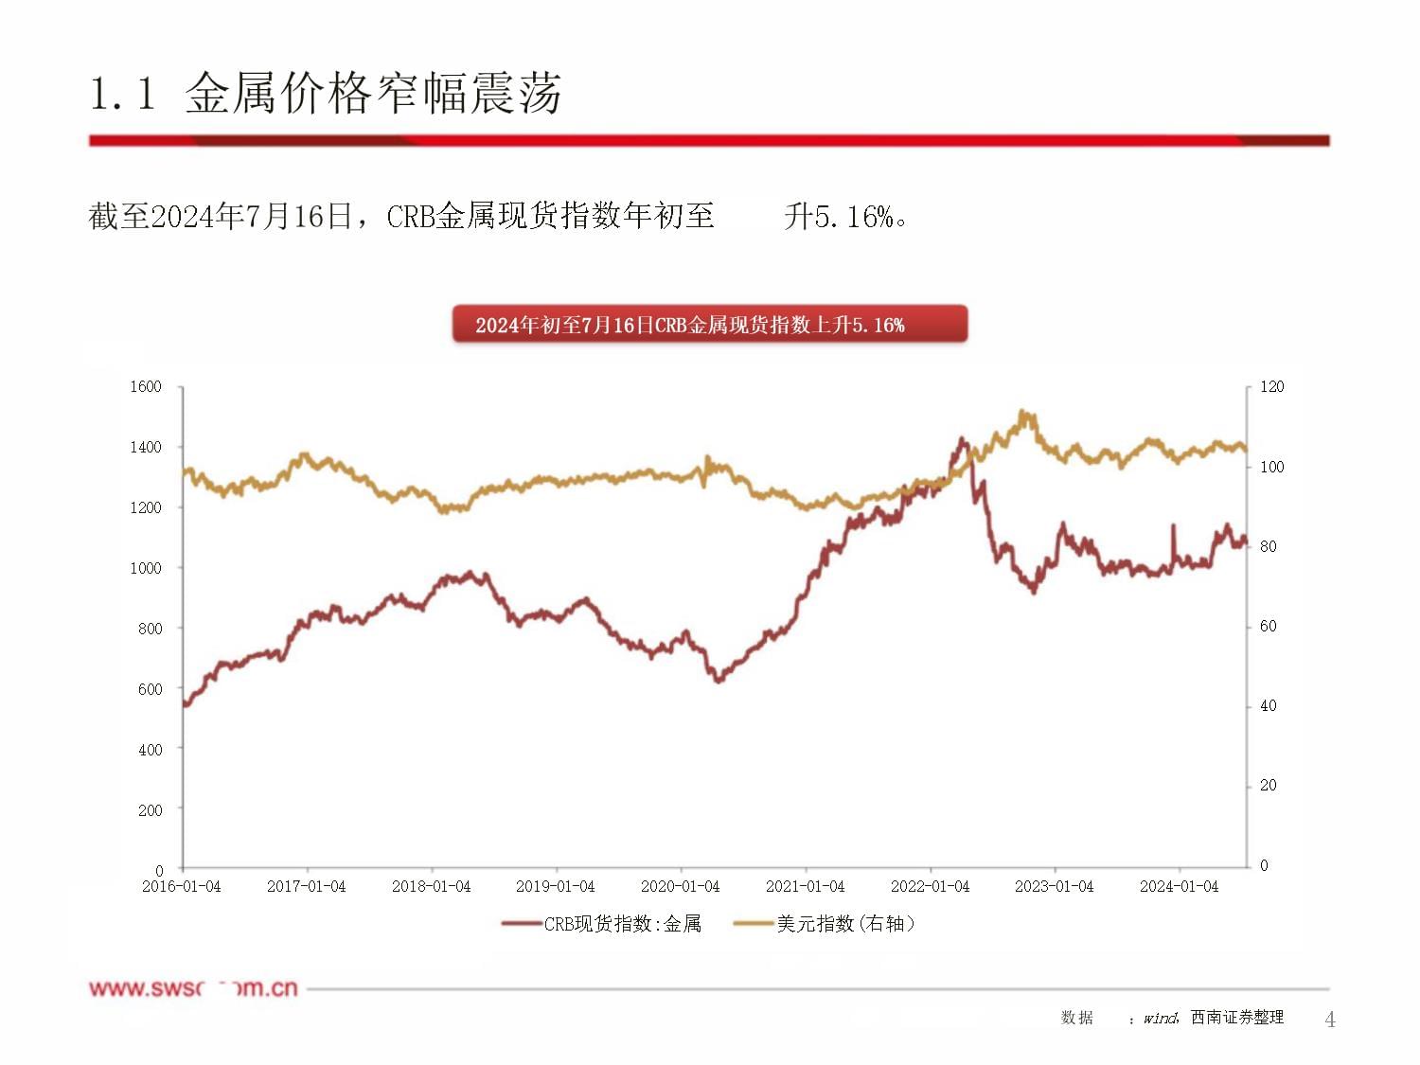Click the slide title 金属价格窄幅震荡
click(x=373, y=94)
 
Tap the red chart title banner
click(x=709, y=324)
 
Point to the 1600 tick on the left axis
click(x=146, y=386)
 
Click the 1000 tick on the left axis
click(x=146, y=568)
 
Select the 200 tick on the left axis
click(x=150, y=810)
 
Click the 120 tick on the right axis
click(x=1271, y=386)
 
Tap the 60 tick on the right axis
click(x=1268, y=626)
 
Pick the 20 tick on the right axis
click(x=1268, y=786)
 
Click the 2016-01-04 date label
click(x=181, y=887)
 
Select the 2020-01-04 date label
click(x=680, y=887)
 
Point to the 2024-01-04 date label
click(x=1179, y=887)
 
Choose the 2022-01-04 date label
click(x=930, y=887)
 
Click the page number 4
click(x=1330, y=1020)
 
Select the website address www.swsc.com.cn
click(x=193, y=988)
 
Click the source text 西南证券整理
click(x=1237, y=1018)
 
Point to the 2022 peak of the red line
click(x=962, y=439)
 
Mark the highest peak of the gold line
click(x=1022, y=412)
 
